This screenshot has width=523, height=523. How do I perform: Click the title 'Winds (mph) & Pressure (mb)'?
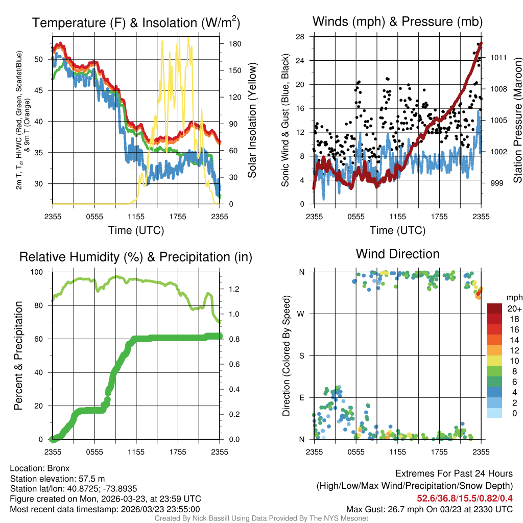[x=397, y=21]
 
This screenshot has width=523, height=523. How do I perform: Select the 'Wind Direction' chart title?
[x=397, y=254]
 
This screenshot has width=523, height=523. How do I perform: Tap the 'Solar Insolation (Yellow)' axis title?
[x=252, y=121]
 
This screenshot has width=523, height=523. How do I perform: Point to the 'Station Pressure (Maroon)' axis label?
[x=517, y=121]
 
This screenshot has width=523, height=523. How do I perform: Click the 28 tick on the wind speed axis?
[x=300, y=37]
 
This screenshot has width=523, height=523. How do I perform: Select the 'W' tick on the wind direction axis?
[x=302, y=314]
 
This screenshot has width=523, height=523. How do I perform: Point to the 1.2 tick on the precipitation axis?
[x=233, y=289]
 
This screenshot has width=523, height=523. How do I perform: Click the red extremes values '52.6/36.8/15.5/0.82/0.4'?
[x=465, y=498]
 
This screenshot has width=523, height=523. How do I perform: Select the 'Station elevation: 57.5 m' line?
[x=57, y=478]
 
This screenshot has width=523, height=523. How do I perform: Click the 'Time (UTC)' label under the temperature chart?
[x=136, y=230]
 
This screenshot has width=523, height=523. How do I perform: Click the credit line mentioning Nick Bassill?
[x=261, y=518]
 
